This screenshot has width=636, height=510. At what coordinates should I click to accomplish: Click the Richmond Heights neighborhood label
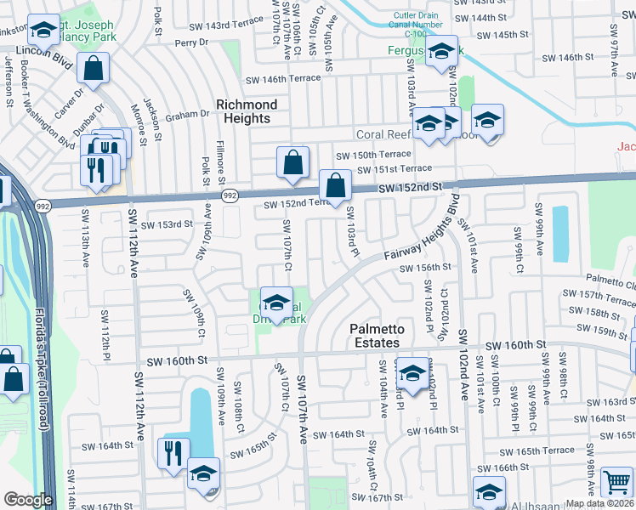pyautogui.click(x=247, y=111)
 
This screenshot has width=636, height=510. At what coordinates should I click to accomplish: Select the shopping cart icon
pyautogui.click(x=616, y=482)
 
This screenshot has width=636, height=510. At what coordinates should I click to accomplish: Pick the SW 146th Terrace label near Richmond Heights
pyautogui.click(x=283, y=78)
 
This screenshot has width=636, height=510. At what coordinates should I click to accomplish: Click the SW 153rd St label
pyautogui.click(x=162, y=225)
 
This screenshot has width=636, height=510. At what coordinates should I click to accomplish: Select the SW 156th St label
pyautogui.click(x=425, y=267)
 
